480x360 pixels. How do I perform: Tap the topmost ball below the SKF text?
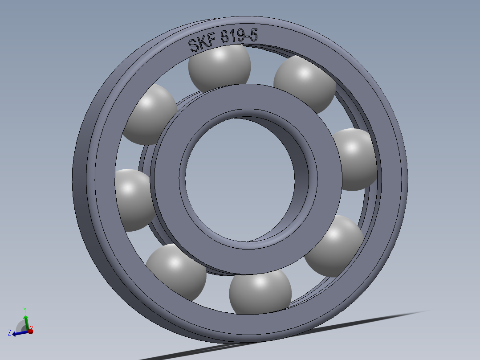(220, 67)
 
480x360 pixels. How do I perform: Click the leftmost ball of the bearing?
(133, 200)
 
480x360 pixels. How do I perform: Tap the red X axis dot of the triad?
(30, 331)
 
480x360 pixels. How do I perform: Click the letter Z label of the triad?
(9, 332)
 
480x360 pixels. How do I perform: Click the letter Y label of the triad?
(25, 309)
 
